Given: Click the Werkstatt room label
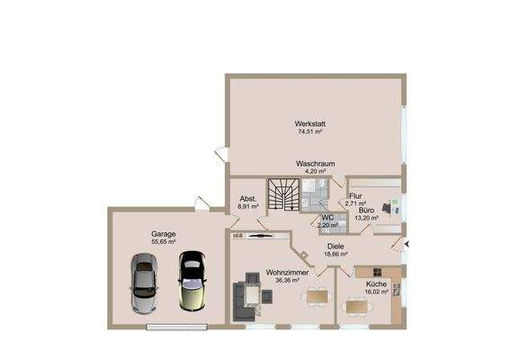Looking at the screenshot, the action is tap(310, 124).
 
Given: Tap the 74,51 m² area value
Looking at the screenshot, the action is tap(310, 131).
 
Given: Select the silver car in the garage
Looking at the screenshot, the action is tap(144, 283).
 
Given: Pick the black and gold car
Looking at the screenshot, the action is tap(192, 281).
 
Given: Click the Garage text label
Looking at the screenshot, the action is tap(164, 234).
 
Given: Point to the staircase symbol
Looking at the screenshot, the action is tap(283, 194).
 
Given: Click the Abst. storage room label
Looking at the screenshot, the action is tap(248, 199).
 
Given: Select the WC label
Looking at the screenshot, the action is tap(327, 218).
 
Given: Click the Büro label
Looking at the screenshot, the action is tap(367, 211).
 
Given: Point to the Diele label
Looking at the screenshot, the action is tap(335, 247).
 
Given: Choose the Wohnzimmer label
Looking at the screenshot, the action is tap(287, 273).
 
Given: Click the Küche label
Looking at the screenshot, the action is tap(376, 284).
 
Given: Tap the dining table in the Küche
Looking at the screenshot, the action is tap(357, 306).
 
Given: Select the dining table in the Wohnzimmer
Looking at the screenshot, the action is tap(317, 296).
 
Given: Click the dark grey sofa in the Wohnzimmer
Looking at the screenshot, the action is tap(243, 302).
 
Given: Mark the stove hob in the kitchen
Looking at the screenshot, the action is tap(377, 272).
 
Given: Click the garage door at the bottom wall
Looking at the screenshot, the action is tap(177, 328).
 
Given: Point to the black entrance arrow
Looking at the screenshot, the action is tap(406, 244).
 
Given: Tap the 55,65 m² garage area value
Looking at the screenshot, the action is tap(164, 242).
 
